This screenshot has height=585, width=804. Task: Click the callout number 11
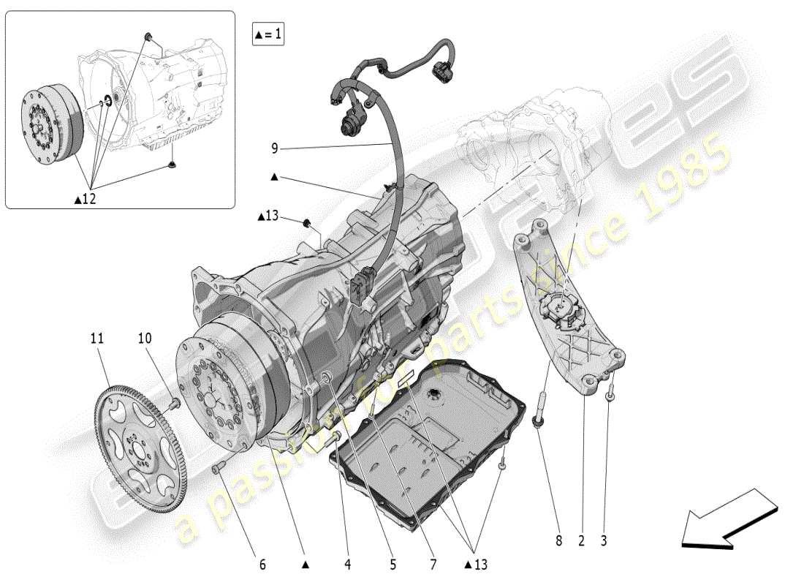tap(97, 339)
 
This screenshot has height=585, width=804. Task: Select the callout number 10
tap(145, 339)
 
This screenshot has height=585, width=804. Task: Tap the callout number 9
tap(275, 148)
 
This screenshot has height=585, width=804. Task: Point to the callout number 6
tap(262, 564)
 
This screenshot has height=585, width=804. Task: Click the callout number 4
tap(348, 564)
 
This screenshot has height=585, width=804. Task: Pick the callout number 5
tap(392, 564)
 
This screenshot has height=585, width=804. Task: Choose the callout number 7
tap(433, 564)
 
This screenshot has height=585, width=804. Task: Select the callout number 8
tap(559, 541)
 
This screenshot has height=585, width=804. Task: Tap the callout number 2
tap(582, 541)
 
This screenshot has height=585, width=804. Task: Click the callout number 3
tap(604, 541)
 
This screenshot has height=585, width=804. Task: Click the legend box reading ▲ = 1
tap(268, 34)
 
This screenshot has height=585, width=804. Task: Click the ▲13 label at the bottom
tap(475, 564)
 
